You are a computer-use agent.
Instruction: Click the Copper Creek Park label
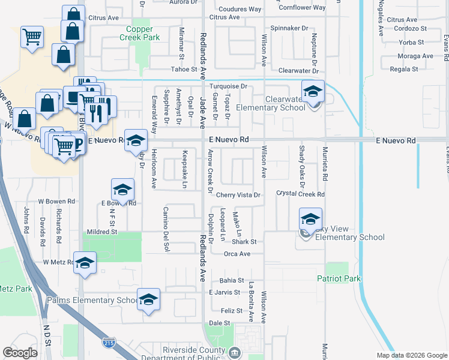[x=143, y=33]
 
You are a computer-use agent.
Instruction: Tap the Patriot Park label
[x=339, y=278]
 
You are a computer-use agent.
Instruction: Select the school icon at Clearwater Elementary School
[x=313, y=92]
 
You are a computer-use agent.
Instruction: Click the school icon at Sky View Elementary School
[x=310, y=220]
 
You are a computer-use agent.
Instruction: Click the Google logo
[x=20, y=353]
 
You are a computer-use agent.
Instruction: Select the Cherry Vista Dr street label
[x=238, y=195]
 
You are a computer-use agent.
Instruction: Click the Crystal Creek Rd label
[x=300, y=194]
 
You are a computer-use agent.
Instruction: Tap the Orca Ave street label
[x=237, y=254]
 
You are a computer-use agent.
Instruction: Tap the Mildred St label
[x=101, y=232]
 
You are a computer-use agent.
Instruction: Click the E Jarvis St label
[x=224, y=292]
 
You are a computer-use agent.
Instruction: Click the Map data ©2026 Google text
[x=411, y=355]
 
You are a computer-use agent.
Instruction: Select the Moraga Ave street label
[x=415, y=56]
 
